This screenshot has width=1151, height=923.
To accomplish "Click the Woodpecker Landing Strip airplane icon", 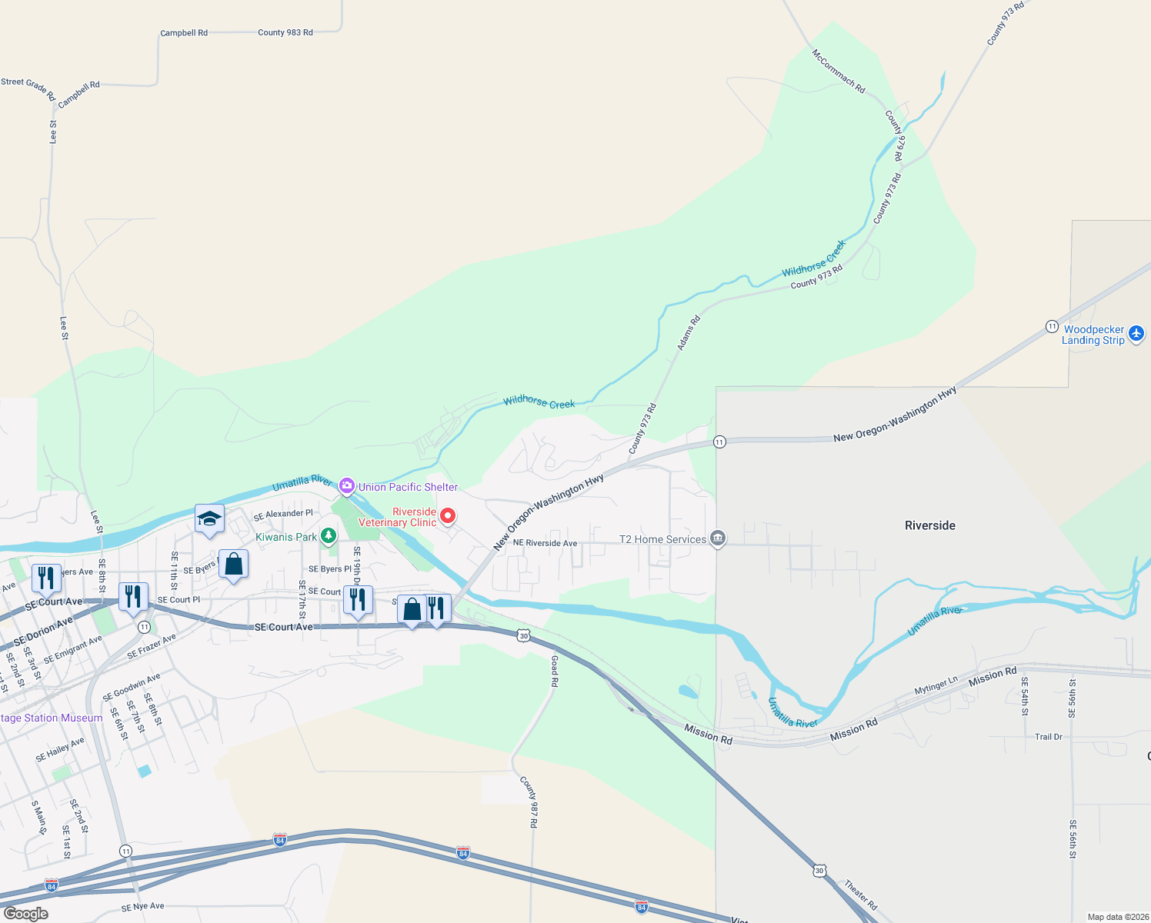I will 1136,334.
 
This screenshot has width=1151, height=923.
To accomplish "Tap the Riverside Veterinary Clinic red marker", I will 447,516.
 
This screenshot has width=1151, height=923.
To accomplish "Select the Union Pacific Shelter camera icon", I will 347,485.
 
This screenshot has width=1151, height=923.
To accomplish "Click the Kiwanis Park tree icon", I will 329,535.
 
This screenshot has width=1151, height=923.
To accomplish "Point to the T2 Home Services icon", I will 718,538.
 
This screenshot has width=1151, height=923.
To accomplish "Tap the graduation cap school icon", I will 209,518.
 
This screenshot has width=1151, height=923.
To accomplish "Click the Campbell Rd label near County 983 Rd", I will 184,33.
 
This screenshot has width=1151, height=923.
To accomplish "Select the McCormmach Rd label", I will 839,71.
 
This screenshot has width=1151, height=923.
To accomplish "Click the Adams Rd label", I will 689,333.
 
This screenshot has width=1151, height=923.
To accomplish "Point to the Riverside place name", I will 929,525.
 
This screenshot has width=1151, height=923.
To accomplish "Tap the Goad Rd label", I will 555,671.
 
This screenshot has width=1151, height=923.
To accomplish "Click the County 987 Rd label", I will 529,801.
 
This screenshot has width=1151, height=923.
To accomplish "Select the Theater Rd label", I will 861,895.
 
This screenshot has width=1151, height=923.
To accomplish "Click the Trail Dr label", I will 1048,737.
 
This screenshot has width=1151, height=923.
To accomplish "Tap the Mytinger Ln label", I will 936,685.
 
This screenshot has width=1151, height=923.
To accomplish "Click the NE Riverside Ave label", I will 545,543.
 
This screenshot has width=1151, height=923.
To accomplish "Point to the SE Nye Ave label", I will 142,907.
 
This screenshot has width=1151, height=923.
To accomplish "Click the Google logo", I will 25,914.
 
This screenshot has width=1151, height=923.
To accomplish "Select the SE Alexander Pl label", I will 283,514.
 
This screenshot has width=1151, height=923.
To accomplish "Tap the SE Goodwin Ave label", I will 132,687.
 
